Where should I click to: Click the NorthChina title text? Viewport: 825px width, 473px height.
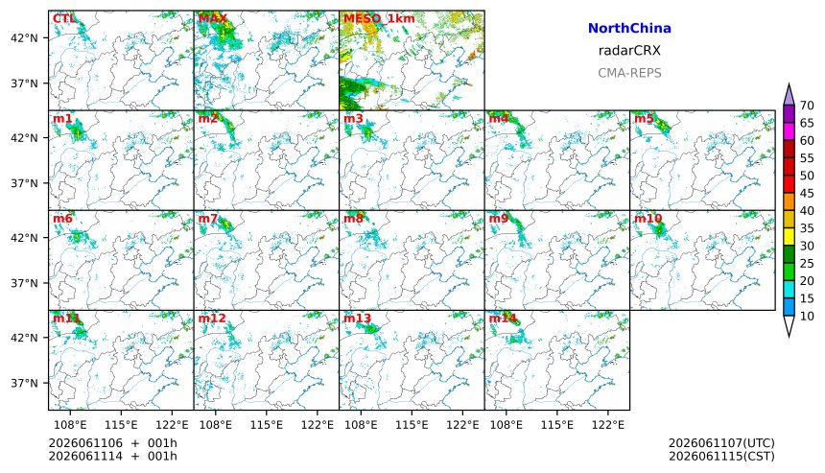click(x=629, y=29)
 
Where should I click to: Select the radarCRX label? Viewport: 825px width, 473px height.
click(x=629, y=51)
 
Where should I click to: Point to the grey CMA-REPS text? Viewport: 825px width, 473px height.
click(x=629, y=73)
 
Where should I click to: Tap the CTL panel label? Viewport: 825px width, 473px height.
click(x=63, y=18)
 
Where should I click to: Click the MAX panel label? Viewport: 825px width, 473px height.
click(x=212, y=18)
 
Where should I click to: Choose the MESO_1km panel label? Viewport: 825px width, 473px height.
click(x=379, y=19)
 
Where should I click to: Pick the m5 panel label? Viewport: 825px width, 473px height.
click(x=644, y=118)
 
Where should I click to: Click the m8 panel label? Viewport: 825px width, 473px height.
click(x=353, y=219)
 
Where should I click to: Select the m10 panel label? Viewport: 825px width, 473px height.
click(x=648, y=219)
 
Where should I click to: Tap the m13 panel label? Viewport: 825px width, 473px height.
click(x=357, y=319)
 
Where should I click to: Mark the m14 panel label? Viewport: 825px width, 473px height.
click(x=503, y=319)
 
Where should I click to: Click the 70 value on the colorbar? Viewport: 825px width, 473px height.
click(x=807, y=106)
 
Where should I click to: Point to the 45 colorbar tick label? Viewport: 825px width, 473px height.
click(x=807, y=194)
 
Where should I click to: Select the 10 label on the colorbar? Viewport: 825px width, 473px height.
click(x=807, y=317)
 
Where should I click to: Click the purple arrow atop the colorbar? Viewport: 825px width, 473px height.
click(x=789, y=95)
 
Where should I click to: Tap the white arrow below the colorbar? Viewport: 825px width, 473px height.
click(x=789, y=326)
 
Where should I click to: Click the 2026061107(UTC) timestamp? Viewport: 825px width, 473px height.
click(x=721, y=443)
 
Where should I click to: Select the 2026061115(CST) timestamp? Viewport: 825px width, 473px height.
click(x=721, y=456)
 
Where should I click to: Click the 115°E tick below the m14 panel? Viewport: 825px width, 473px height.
click(x=557, y=425)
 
